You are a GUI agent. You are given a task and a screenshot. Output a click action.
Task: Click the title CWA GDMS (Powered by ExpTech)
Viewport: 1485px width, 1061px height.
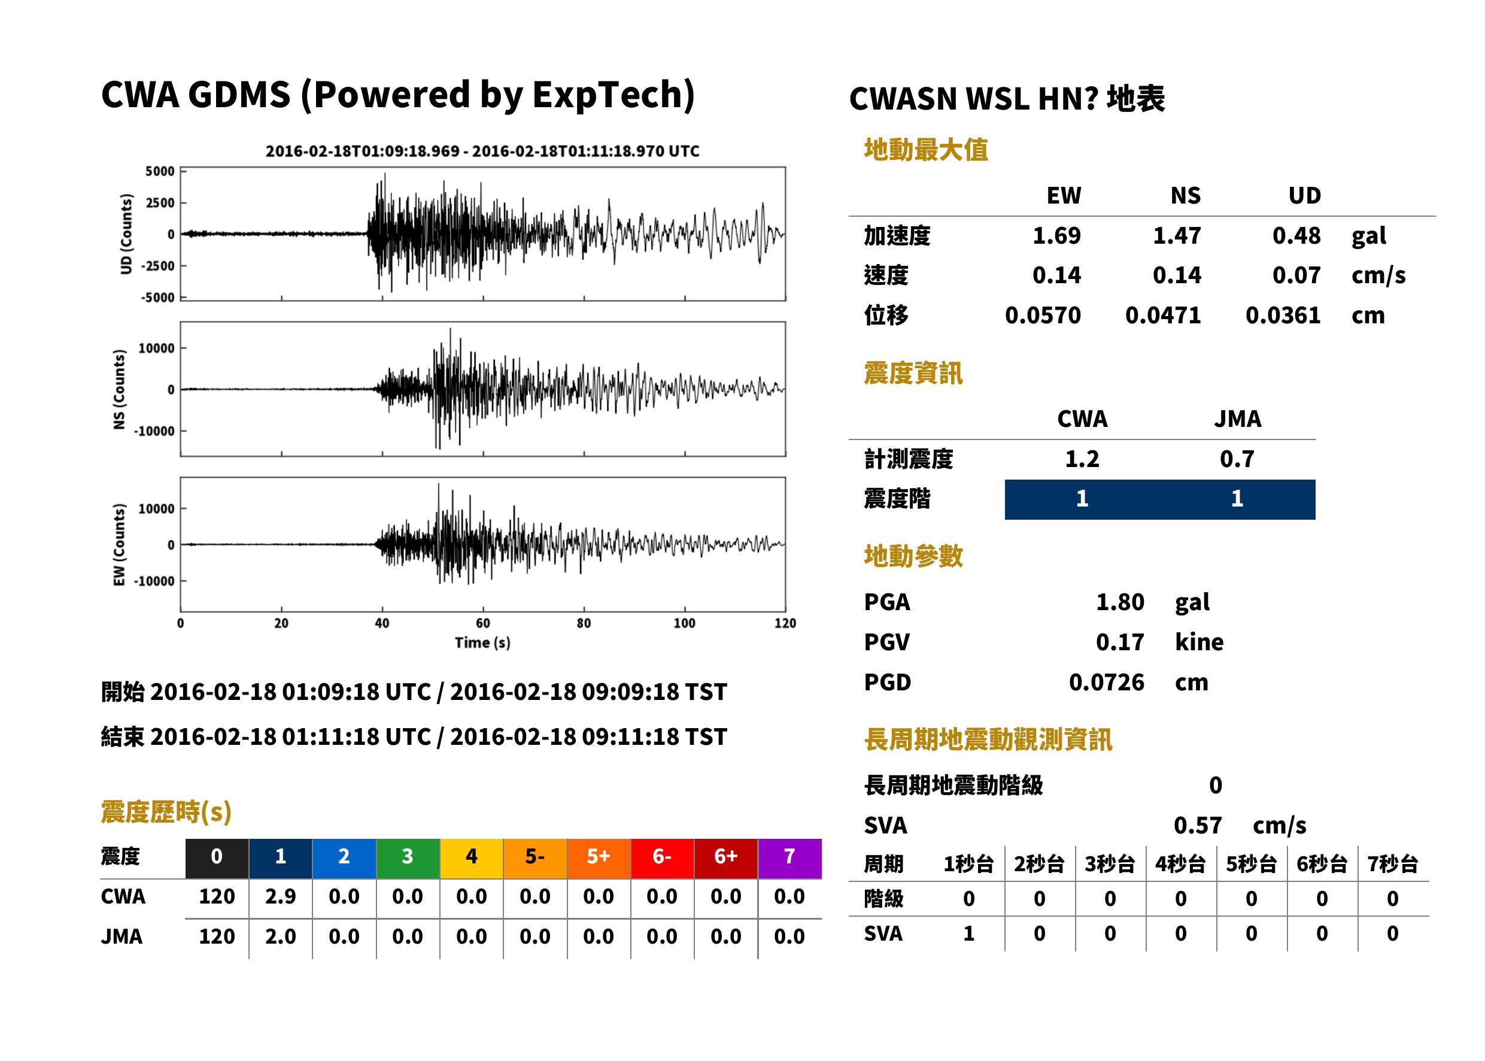point(397,95)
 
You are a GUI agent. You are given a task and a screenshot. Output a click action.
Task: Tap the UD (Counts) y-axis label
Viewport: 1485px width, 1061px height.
point(126,234)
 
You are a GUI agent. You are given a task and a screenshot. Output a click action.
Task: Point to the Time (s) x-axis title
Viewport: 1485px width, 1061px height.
point(482,642)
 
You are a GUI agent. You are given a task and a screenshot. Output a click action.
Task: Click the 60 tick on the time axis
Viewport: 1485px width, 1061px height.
point(482,623)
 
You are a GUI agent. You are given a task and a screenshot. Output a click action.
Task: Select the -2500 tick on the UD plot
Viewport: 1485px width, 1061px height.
point(159,266)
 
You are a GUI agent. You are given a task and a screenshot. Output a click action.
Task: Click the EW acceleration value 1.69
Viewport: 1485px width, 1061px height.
point(1056,235)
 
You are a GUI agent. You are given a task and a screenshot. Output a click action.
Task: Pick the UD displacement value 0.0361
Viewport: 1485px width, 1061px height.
point(1283,315)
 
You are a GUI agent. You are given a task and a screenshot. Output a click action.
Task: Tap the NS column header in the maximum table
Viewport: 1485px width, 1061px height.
point(1185,195)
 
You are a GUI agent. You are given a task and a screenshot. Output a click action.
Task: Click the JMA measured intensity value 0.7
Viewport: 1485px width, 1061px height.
point(1237,459)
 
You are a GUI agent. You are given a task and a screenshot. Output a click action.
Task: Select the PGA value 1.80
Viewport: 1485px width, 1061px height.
point(1120,602)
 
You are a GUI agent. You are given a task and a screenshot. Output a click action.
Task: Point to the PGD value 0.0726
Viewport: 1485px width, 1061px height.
point(1106,682)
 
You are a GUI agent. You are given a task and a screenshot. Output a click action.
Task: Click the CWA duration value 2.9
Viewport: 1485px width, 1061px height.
point(280,896)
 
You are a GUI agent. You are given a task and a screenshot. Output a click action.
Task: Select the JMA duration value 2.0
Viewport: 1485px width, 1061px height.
point(280,936)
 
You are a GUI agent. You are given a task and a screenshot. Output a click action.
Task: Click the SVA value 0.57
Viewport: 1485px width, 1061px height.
point(1198,825)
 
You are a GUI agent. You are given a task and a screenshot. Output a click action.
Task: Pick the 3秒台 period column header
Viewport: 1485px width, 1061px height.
point(1110,863)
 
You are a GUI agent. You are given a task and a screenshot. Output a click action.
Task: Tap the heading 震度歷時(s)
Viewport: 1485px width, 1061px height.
point(166,812)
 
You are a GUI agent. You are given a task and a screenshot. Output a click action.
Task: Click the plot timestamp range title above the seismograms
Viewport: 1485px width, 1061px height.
point(482,151)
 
